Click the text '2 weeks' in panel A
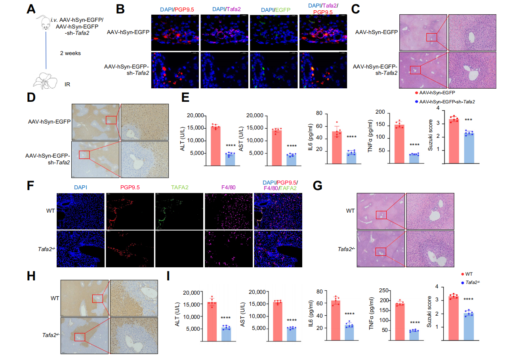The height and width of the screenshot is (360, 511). click(x=71, y=53)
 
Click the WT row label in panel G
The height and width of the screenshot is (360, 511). click(x=350, y=211)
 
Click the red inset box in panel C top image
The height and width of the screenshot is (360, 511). click(x=431, y=37)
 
